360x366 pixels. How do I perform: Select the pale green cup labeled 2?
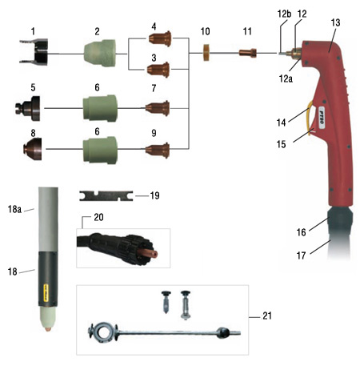pyautogui.click(x=100, y=53)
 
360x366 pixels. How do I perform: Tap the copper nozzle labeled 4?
pyautogui.click(x=160, y=39)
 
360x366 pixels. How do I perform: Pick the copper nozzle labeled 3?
pyautogui.click(x=158, y=70)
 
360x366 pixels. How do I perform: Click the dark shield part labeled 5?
pyautogui.click(x=29, y=109)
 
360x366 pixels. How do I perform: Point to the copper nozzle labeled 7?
pyautogui.click(x=158, y=108)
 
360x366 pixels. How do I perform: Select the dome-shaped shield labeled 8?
pyautogui.click(x=33, y=149)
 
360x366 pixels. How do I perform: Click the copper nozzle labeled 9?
pyautogui.click(x=158, y=151)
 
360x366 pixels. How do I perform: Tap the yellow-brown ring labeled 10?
pyautogui.click(x=206, y=53)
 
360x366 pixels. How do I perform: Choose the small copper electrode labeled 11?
pyautogui.click(x=248, y=53)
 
